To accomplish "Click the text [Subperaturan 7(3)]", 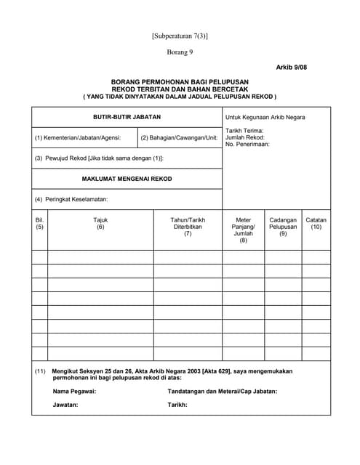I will (x=180, y=36).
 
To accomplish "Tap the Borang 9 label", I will (x=180, y=52).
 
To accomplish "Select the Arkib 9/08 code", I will (x=290, y=67).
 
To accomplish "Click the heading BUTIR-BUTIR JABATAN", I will (x=127, y=116).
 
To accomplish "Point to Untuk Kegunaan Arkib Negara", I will (x=265, y=117).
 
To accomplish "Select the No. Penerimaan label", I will (x=247, y=144).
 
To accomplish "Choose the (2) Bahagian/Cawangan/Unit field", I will (x=179, y=137).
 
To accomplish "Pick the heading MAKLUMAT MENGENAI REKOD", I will (x=127, y=179).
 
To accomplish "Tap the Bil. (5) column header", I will (x=40, y=224).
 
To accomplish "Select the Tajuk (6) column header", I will (x=100, y=224).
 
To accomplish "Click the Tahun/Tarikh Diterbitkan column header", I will (x=188, y=227).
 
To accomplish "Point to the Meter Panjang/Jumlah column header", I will (x=244, y=230).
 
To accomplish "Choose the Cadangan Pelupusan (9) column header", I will (x=283, y=227).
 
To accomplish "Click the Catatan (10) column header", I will (x=316, y=224).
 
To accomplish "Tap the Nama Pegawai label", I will (x=74, y=391).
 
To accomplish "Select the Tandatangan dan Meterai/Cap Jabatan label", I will (x=222, y=391).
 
